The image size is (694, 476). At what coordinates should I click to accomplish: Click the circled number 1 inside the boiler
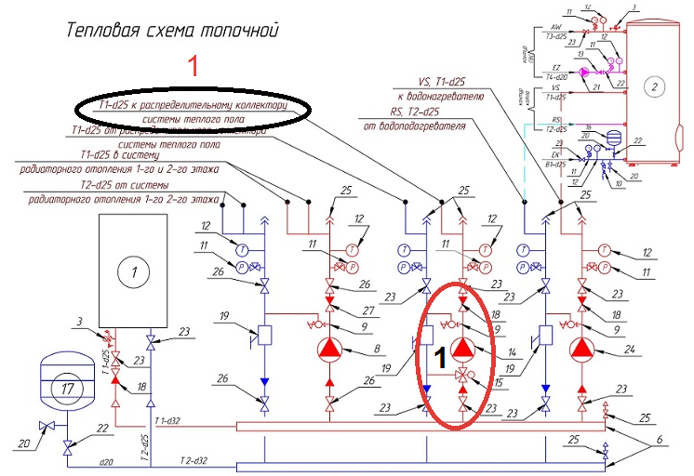pos(134,271)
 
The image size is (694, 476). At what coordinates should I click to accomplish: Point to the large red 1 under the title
pos(194,67)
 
